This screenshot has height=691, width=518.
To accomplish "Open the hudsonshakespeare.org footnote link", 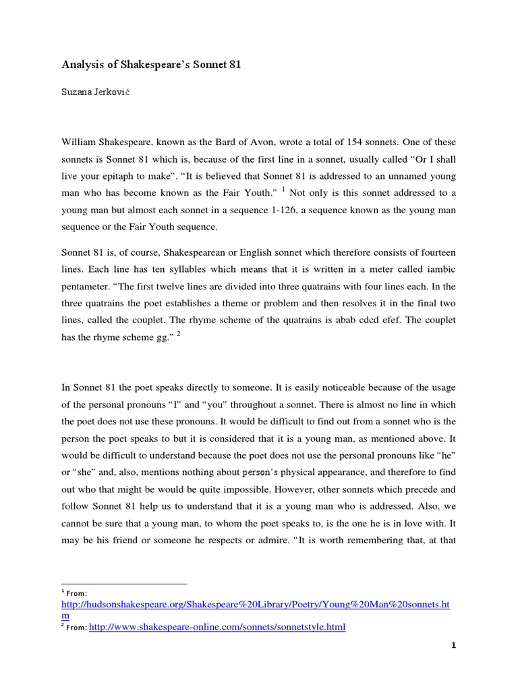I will point(255,605).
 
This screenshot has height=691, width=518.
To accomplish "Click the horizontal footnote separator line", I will point(124,584).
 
